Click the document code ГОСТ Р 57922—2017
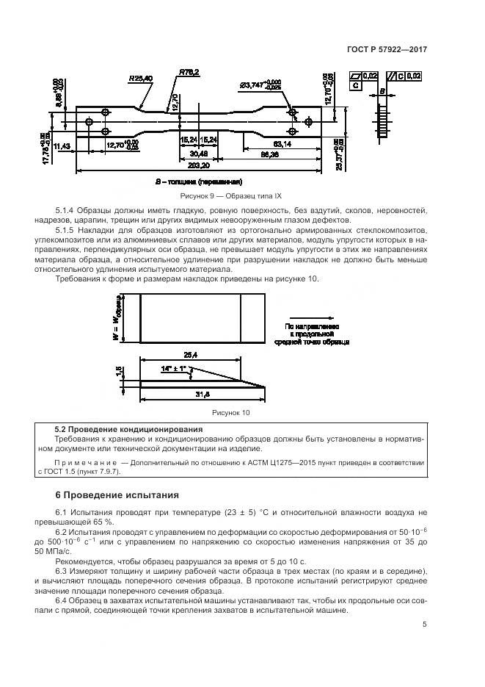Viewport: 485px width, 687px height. pyautogui.click(x=387, y=49)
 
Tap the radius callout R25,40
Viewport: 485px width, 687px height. pyautogui.click(x=140, y=78)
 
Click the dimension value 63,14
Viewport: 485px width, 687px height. pyautogui.click(x=282, y=144)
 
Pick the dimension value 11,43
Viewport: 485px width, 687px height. pyautogui.click(x=62, y=145)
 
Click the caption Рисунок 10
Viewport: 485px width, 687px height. pyautogui.click(x=231, y=413)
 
